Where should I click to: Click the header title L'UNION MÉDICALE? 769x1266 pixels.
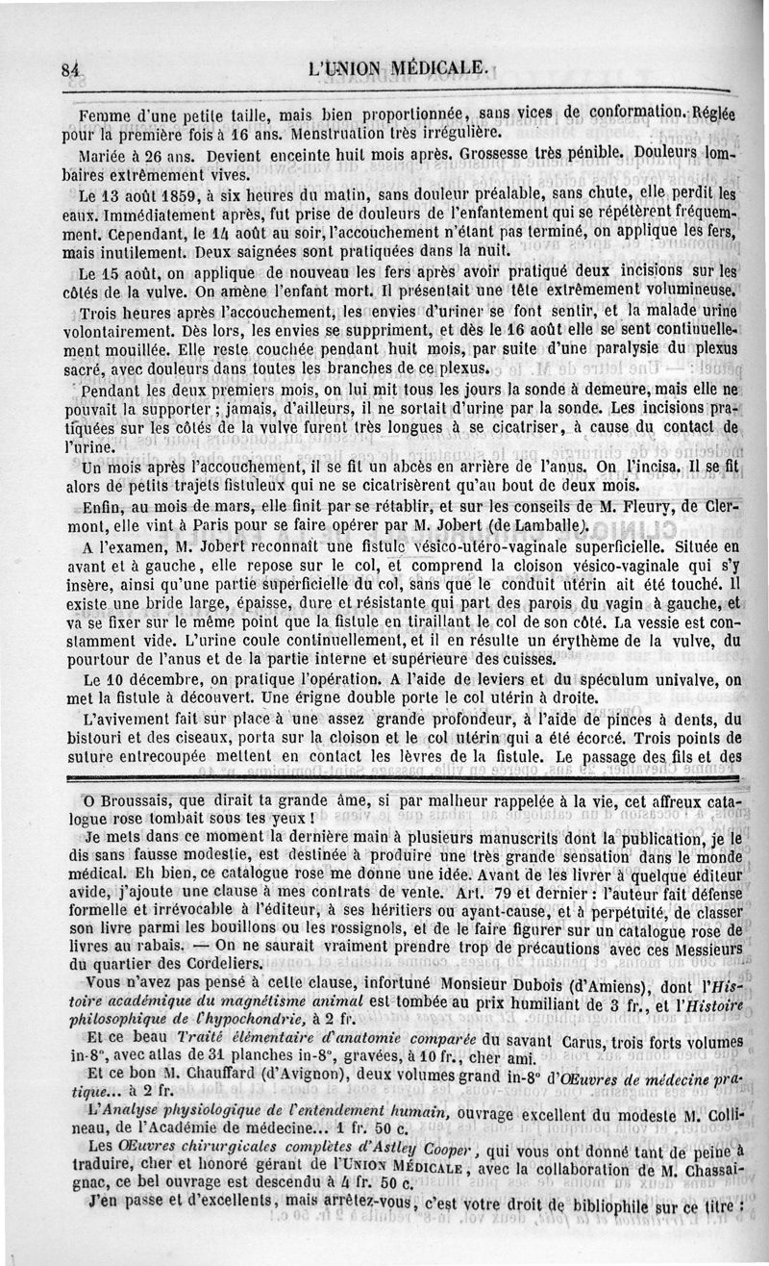[400, 68]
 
